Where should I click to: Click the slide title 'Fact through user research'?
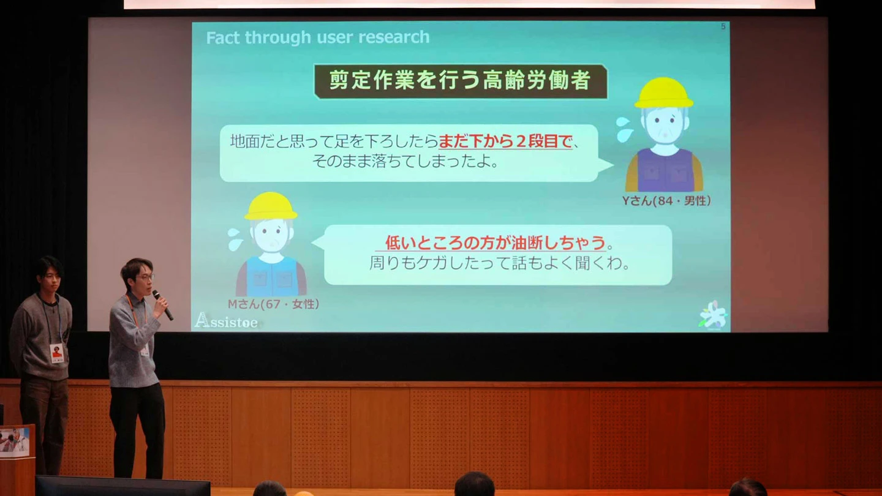click(318, 37)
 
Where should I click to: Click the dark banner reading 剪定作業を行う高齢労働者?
click(461, 81)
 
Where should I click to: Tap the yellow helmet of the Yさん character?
click(663, 93)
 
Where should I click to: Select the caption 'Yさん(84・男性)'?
click(666, 201)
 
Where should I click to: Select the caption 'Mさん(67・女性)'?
click(273, 304)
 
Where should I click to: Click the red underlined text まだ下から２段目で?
click(505, 141)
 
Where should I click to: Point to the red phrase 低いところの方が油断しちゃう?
click(495, 242)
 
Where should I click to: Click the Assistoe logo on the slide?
click(226, 321)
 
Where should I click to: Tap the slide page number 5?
click(723, 26)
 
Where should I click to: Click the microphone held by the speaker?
click(163, 305)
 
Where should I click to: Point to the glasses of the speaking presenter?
click(145, 277)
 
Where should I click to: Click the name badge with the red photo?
click(57, 353)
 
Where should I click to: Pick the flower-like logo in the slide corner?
click(713, 315)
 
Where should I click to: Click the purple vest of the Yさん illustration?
click(664, 170)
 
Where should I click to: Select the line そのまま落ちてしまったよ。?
click(406, 161)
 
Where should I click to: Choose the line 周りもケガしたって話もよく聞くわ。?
click(499, 263)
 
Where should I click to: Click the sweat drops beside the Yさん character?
click(625, 129)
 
